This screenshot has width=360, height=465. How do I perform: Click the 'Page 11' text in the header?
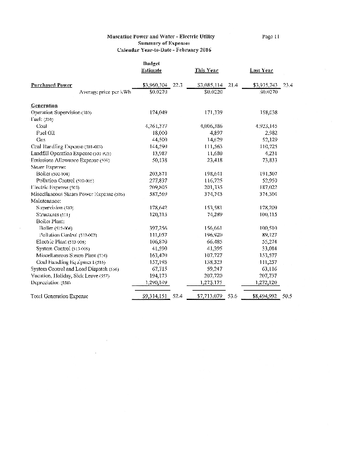272,37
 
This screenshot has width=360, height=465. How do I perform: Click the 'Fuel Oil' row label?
46,131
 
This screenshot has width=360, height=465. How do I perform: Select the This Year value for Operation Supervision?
211,111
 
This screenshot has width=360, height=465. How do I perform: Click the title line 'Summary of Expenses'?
161,43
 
